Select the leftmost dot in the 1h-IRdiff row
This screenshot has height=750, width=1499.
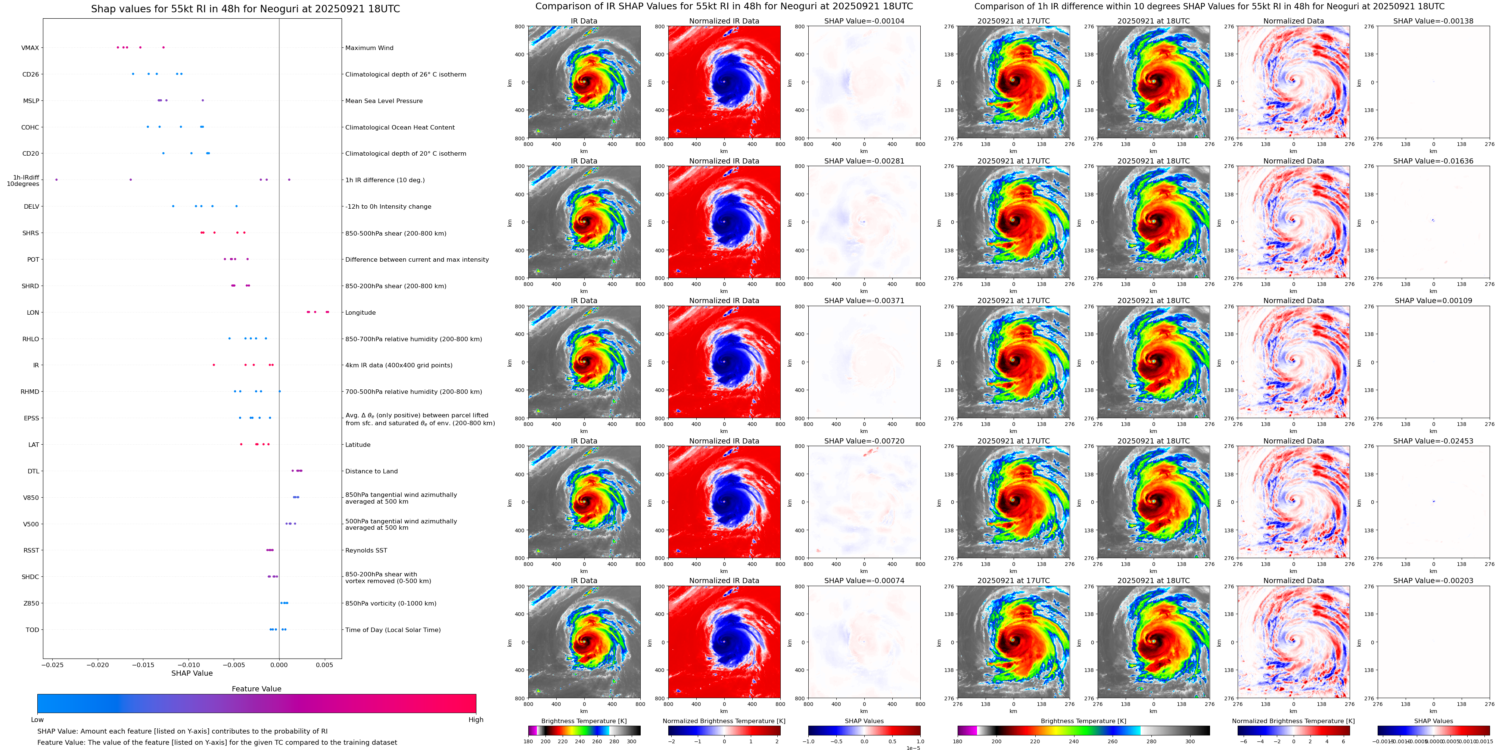(56, 180)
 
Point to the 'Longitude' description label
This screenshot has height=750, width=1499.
(360, 312)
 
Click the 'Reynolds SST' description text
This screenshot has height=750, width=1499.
(366, 550)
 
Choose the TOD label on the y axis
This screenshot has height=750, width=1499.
(32, 629)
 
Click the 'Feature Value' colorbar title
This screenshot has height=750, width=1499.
(256, 689)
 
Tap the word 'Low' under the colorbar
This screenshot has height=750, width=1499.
(37, 720)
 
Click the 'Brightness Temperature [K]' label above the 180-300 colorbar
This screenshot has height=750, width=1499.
(584, 721)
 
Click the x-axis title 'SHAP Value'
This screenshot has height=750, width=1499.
(192, 673)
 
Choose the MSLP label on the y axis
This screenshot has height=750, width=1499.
(31, 101)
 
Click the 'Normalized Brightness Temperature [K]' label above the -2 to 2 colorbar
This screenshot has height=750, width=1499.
(724, 721)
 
